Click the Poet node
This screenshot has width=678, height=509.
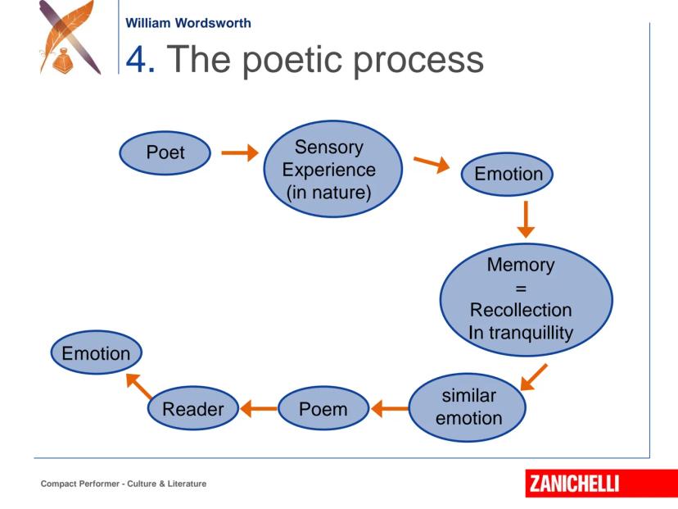pos(165,153)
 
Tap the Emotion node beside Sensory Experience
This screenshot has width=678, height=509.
pos(508,175)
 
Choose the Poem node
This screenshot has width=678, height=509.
pos(323,408)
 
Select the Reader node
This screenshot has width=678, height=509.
pos(192,408)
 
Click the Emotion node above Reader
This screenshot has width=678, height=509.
pos(97,355)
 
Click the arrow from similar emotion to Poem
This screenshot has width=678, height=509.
pos(390,408)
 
